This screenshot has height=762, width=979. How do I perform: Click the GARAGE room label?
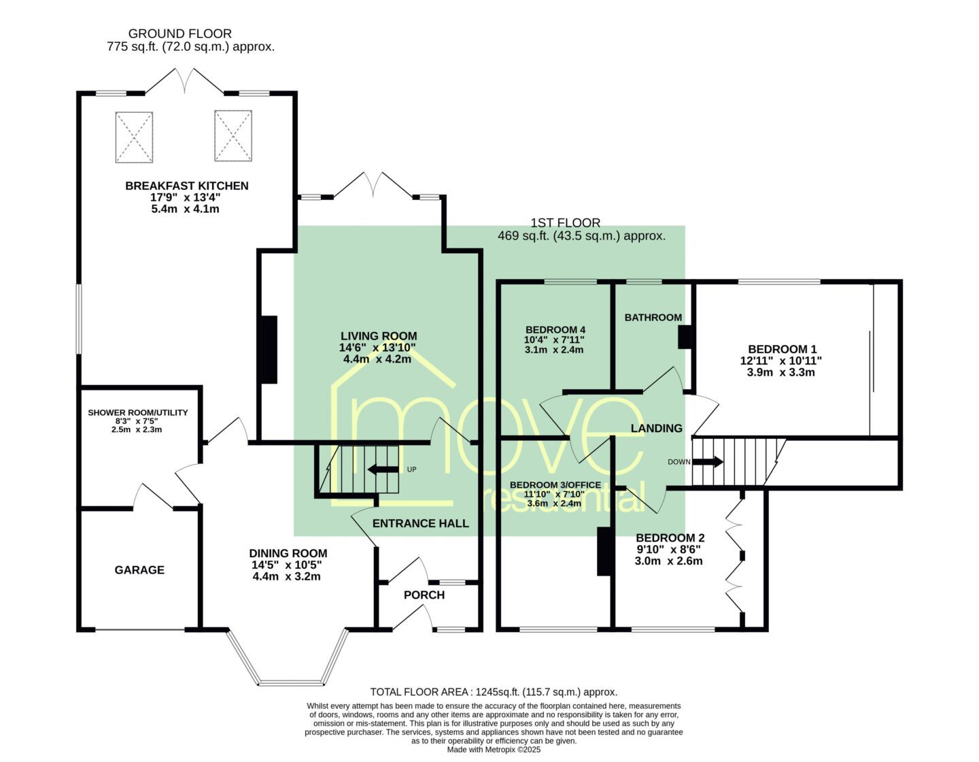pyautogui.click(x=139, y=570)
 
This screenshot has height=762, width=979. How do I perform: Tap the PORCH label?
pyautogui.click(x=424, y=595)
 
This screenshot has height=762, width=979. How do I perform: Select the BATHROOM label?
pyautogui.click(x=653, y=318)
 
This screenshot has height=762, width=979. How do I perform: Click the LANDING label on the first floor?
pyautogui.click(x=657, y=429)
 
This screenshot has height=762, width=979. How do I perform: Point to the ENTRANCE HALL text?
pyautogui.click(x=421, y=523)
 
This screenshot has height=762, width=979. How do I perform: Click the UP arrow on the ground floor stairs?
pyautogui.click(x=383, y=469)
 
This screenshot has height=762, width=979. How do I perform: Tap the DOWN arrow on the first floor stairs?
pyautogui.click(x=707, y=462)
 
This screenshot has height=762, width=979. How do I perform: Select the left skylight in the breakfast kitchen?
pyautogui.click(x=134, y=137)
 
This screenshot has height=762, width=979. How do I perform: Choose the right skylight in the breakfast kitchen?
pyautogui.click(x=233, y=135)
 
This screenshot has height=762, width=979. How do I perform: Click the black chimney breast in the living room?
pyautogui.click(x=269, y=350)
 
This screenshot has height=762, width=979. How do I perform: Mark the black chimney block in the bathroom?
pyautogui.click(x=685, y=337)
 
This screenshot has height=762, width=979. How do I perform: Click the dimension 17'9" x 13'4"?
pyautogui.click(x=185, y=197)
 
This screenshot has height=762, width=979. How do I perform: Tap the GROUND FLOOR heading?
pyautogui.click(x=179, y=33)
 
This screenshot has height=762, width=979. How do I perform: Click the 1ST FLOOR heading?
pyautogui.click(x=566, y=222)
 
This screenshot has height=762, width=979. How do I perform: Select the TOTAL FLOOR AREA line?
pyautogui.click(x=494, y=692)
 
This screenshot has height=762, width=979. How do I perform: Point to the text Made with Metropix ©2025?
pyautogui.click(x=494, y=749)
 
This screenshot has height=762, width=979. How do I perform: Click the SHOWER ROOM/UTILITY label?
pyautogui.click(x=138, y=412)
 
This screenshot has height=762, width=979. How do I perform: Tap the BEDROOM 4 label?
pyautogui.click(x=555, y=330)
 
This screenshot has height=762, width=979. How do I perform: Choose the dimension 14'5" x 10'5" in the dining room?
pyautogui.click(x=286, y=565)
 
